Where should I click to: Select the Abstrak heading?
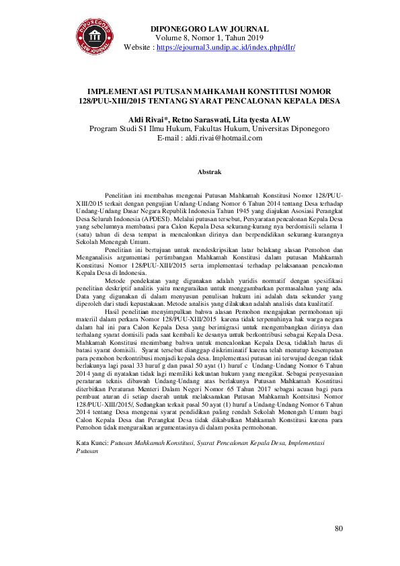pos(208,173)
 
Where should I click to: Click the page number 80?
pos(339,529)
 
